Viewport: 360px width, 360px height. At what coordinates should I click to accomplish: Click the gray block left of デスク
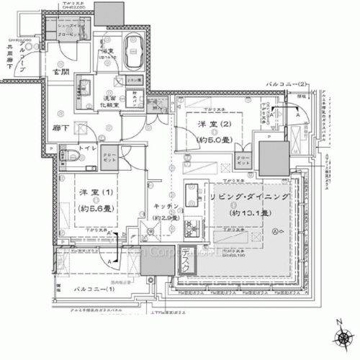click(157, 260)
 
